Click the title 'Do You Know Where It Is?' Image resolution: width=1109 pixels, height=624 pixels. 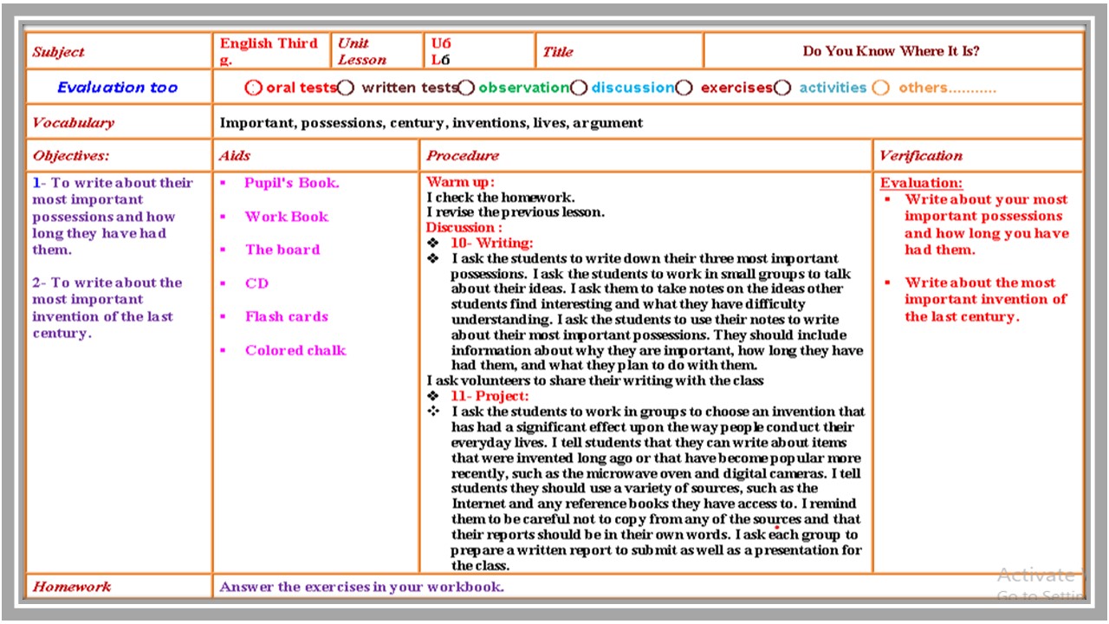coord(891,51)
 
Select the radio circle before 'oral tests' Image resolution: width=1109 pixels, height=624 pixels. coord(253,88)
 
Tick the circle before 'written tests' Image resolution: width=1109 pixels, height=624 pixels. coord(346,88)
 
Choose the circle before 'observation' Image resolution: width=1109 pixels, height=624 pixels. coord(466,88)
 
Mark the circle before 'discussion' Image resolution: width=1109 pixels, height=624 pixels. coord(579,88)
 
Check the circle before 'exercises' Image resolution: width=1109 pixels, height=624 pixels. coord(684,88)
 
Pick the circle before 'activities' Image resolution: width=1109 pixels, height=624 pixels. coord(782,88)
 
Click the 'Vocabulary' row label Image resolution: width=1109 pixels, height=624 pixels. coord(74,122)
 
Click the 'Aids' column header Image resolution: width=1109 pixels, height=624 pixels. coord(235,156)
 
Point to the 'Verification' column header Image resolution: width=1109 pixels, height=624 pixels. coord(920,156)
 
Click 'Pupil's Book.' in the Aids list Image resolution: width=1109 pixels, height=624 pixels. coord(291,183)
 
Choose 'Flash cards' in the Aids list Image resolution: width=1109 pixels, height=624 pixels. coord(286,316)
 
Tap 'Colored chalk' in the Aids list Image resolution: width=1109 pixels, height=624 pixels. coord(295,350)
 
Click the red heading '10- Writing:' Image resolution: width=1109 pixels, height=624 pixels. coord(491,243)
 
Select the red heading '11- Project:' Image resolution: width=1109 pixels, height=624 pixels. coord(489,396)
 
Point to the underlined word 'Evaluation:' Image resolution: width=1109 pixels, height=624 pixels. coord(921,183)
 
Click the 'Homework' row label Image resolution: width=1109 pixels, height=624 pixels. coord(72,587)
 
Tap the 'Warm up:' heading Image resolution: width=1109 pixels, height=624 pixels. coord(460,182)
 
